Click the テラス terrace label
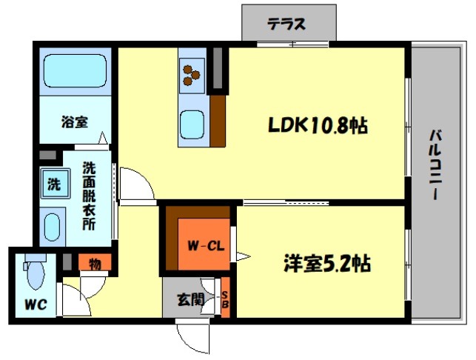pyautogui.click(x=286, y=24)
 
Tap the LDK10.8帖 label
pyautogui.click(x=318, y=125)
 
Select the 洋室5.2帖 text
pyautogui.click(x=327, y=263)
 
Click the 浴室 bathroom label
pyautogui.click(x=75, y=121)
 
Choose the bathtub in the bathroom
pyautogui.click(x=75, y=71)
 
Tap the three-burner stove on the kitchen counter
pyautogui.click(x=192, y=76)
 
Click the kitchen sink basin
pyautogui.click(x=192, y=125)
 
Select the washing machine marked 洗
pyautogui.click(x=55, y=184)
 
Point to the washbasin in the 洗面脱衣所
pyautogui.click(x=52, y=227)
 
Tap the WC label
pyautogui.click(x=36, y=304)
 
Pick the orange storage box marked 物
pyautogui.click(x=95, y=262)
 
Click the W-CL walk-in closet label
pyautogui.click(x=206, y=245)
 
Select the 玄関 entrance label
pyautogui.click(x=191, y=300)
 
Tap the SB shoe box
pyautogui.click(x=225, y=298)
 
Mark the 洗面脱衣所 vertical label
pyautogui.click(x=89, y=196)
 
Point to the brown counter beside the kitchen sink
pyautogui.click(x=218, y=121)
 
